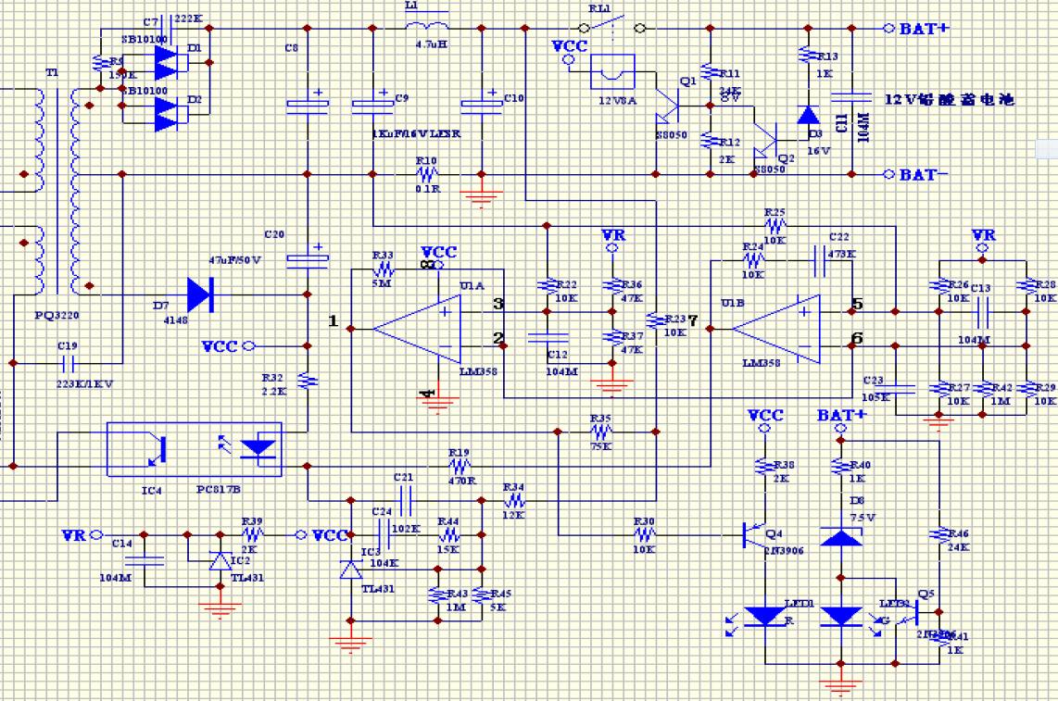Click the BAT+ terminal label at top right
click(x=924, y=29)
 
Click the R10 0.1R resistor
click(x=426, y=173)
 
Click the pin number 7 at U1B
click(x=692, y=320)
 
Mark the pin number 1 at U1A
click(x=333, y=320)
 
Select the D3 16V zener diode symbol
click(x=808, y=115)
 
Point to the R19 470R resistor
click(x=459, y=467)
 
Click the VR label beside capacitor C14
click(x=74, y=535)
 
